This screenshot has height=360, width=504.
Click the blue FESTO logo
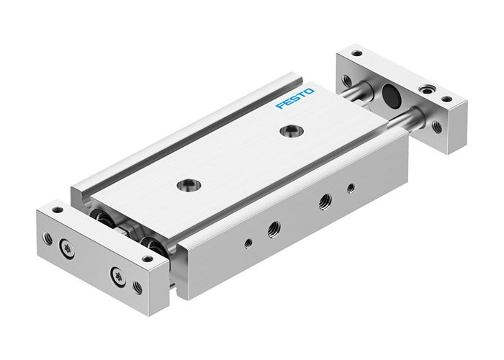point(294,99)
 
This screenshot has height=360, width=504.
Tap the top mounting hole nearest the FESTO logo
point(291,130)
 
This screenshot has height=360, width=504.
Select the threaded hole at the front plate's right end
point(137,287)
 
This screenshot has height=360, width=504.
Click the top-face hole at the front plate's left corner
point(56,210)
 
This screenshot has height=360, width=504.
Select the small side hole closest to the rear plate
point(350,189)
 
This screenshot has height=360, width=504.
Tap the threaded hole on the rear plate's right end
point(437,127)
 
